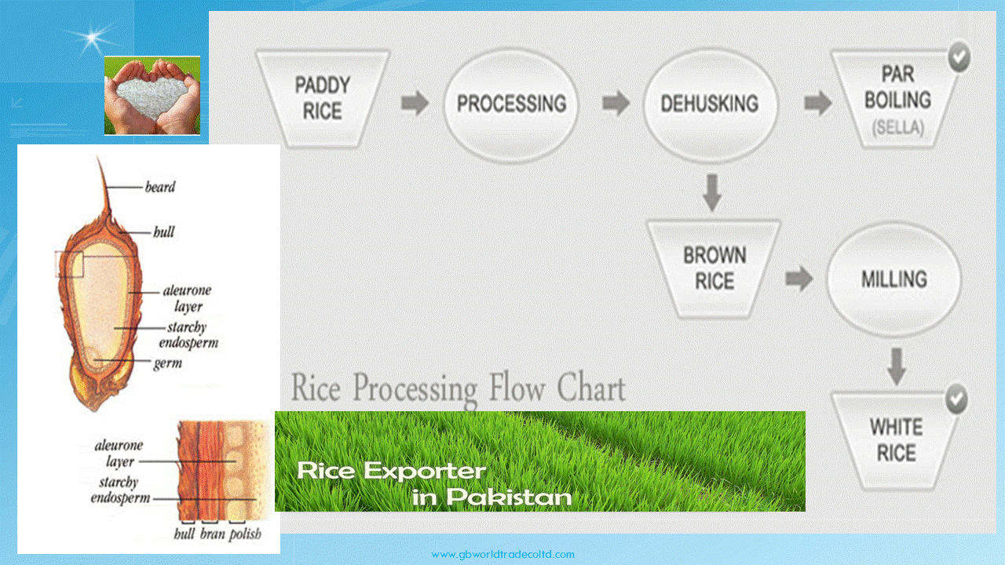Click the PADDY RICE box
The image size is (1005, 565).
(323, 99)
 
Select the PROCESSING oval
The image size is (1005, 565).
(511, 104)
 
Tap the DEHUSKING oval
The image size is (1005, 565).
(711, 104)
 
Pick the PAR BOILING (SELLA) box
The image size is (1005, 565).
(897, 100)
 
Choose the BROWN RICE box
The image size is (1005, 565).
(714, 269)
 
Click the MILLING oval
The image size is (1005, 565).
(894, 279)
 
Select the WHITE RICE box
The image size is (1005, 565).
(897, 440)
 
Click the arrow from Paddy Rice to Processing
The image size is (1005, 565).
(415, 103)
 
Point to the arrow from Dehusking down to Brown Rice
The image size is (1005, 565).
(712, 193)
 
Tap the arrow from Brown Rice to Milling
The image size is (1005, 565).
(799, 279)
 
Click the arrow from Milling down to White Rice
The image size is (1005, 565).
(897, 366)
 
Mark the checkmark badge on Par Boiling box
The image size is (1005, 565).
(959, 57)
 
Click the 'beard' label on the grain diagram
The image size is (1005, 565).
(160, 187)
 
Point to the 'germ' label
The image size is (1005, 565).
(168, 363)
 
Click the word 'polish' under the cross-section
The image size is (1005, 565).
(246, 534)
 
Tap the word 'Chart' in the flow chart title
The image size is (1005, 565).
(591, 388)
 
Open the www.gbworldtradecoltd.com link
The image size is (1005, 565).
(502, 555)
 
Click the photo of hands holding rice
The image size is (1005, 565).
(152, 95)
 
